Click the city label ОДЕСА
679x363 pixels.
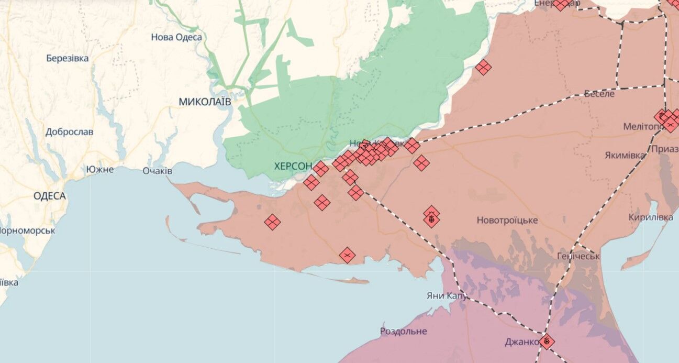pos(49,196)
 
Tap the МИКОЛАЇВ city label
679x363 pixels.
pos(205,102)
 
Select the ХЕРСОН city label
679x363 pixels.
pos(293,166)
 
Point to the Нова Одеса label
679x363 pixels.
pos(176,37)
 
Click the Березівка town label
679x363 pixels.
pos(67,58)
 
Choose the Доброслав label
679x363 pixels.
pos(69,132)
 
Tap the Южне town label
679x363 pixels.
pos(100,170)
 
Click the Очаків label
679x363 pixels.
pos(157,171)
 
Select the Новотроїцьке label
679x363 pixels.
pos(507,221)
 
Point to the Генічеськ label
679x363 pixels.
pos(578,256)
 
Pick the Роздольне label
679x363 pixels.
pos(403,331)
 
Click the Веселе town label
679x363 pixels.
pos(599,94)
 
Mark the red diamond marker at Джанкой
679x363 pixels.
pos(547,342)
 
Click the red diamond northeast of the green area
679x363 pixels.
pos(483,67)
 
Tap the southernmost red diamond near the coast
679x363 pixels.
pos(347,255)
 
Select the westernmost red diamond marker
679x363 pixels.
pos(272,222)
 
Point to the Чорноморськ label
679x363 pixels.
pos(27,230)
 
